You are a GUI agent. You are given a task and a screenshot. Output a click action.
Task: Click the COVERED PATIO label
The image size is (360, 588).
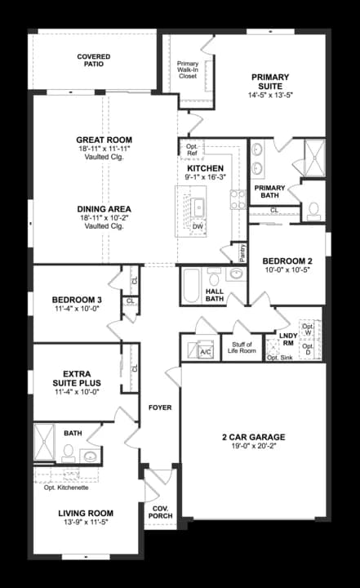pos(95,60)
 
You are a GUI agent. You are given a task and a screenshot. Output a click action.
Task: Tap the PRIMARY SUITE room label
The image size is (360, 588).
pos(269,81)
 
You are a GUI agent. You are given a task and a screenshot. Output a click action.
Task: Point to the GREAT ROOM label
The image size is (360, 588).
pos(104,140)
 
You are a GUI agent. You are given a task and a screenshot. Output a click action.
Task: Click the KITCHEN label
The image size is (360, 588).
pos(205,168)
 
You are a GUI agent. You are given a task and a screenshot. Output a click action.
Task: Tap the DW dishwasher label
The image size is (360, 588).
pos(198,226)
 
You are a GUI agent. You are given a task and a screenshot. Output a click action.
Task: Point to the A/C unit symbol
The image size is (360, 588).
pos(204,351)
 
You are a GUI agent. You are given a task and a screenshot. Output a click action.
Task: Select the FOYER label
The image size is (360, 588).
pos(160,408)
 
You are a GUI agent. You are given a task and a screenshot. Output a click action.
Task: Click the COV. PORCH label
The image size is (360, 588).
pos(160,512)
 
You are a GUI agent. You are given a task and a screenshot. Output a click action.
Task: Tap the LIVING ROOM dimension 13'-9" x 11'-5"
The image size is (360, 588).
pos(83,521)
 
